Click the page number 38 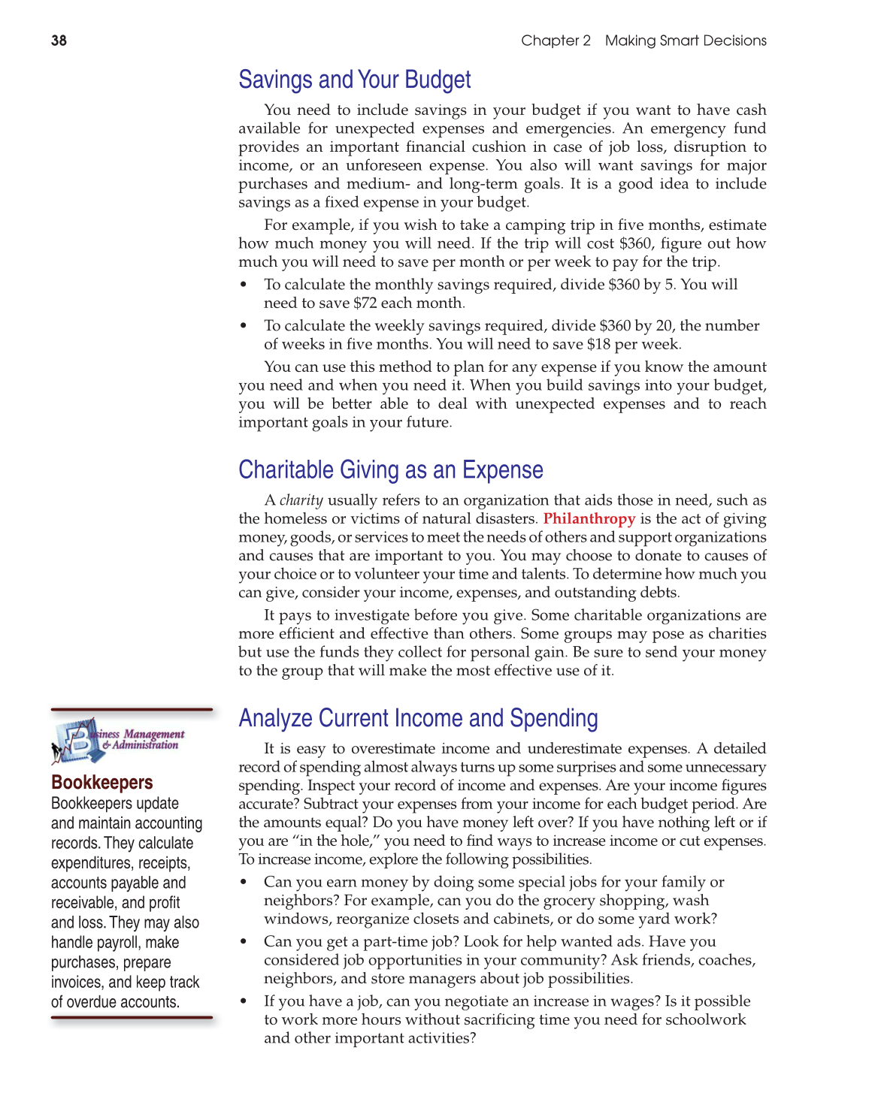59,41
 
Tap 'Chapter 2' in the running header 556,41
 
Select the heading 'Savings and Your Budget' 354,80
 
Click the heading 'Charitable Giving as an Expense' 390,469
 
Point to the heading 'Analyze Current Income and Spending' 418,718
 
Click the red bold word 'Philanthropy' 589,519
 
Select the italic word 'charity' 301,500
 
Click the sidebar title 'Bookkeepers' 101,783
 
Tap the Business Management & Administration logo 117,740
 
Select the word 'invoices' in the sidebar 77,983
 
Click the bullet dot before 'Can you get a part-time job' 243,942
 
